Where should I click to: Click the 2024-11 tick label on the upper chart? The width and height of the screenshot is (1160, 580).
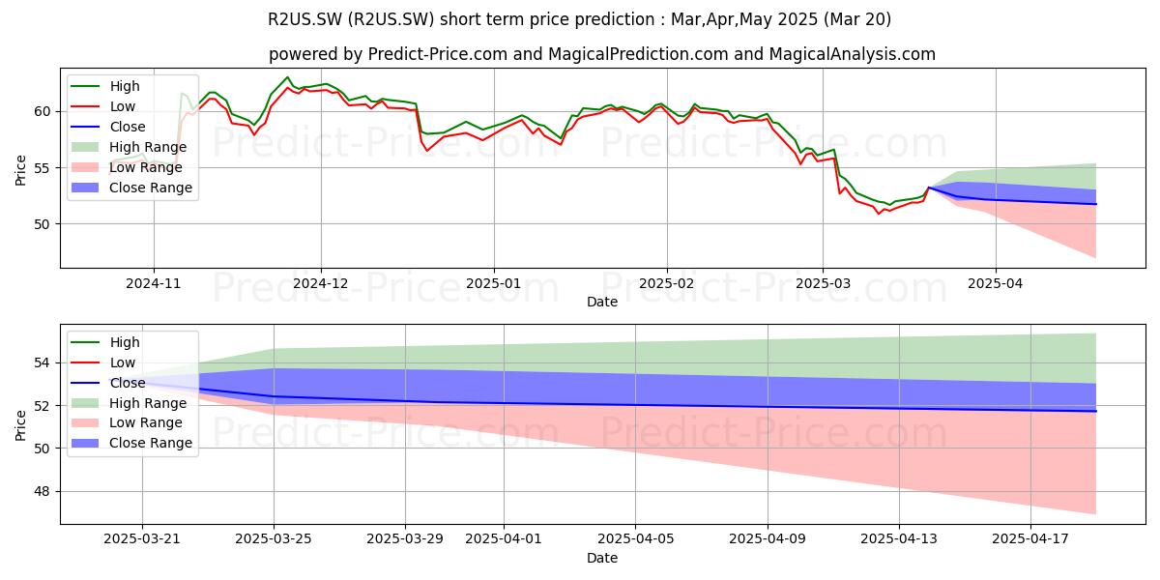click(x=154, y=284)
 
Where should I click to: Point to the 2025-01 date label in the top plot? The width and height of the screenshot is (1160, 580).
click(x=494, y=284)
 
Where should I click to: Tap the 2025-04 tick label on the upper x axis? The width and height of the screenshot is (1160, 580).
click(x=996, y=284)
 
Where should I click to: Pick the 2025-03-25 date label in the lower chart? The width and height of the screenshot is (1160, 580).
click(x=274, y=539)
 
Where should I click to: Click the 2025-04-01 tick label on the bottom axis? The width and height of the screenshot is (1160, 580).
click(x=504, y=539)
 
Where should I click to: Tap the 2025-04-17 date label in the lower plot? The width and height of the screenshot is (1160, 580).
click(x=1030, y=539)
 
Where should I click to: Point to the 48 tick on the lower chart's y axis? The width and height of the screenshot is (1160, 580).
click(x=43, y=491)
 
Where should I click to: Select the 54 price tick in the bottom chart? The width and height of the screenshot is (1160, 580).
click(x=43, y=363)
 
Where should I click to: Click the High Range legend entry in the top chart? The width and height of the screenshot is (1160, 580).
click(x=129, y=147)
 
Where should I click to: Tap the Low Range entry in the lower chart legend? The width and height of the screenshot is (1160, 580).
click(x=127, y=423)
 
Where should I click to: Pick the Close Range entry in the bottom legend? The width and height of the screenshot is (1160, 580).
click(x=131, y=444)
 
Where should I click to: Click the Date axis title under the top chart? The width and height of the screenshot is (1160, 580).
click(x=602, y=302)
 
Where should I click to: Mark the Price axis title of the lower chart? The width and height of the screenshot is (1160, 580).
click(x=20, y=425)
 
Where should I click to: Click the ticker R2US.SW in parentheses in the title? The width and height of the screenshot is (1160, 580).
click(x=391, y=19)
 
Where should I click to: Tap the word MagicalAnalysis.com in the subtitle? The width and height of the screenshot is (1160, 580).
click(x=853, y=54)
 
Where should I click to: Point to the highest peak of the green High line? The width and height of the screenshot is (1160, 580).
click(x=287, y=77)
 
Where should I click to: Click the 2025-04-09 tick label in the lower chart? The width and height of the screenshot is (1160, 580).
click(x=768, y=539)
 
